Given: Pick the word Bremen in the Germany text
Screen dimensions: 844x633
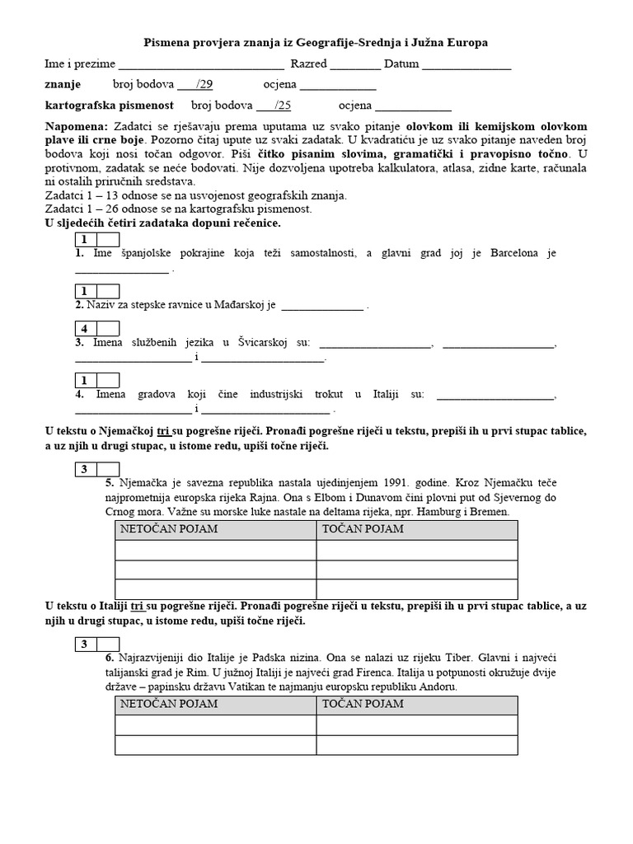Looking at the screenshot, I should tap(491, 511).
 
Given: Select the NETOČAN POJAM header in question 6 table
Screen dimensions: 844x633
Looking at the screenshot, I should tap(169, 704).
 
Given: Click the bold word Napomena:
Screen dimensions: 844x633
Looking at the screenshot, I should tap(76, 127).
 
